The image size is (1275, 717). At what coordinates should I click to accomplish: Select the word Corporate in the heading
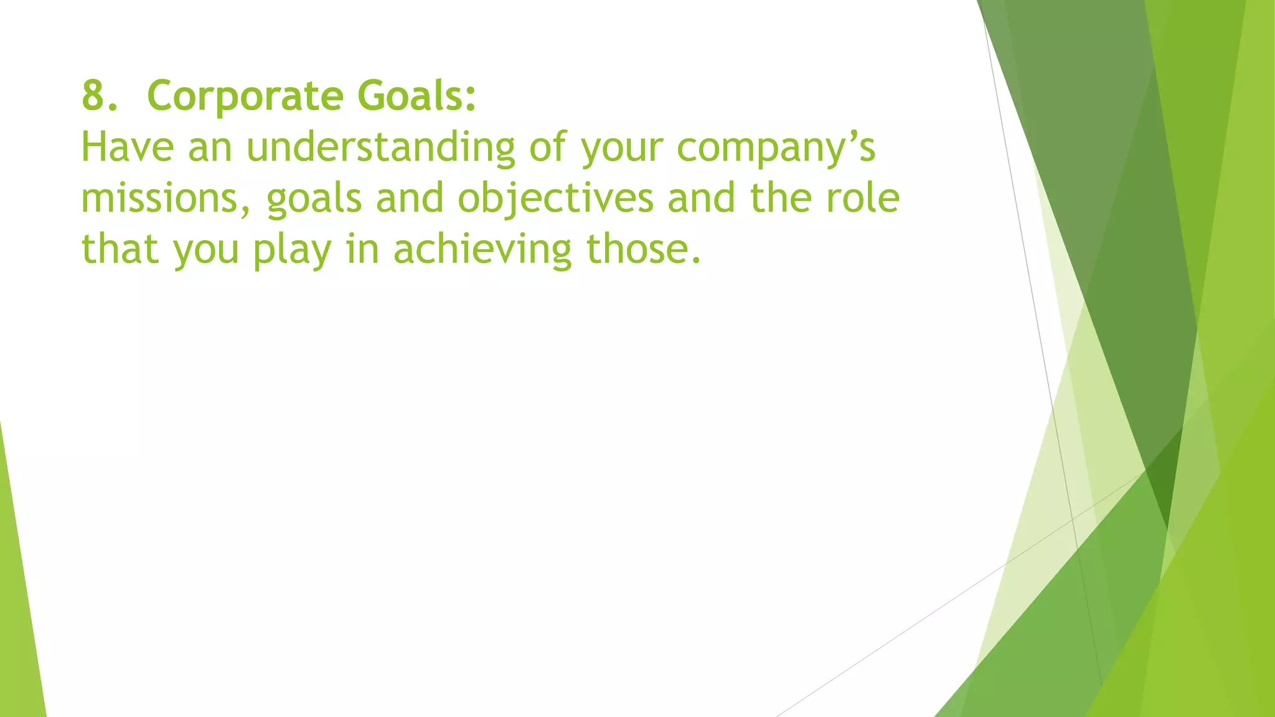pyautogui.click(x=245, y=96)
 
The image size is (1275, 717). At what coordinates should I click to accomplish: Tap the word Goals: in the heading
pyautogui.click(x=416, y=96)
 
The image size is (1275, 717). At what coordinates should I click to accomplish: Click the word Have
pyautogui.click(x=127, y=148)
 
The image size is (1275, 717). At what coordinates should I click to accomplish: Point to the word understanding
pyautogui.click(x=380, y=149)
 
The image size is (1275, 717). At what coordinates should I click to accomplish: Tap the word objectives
pyautogui.click(x=555, y=199)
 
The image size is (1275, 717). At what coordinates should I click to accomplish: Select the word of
pyautogui.click(x=548, y=148)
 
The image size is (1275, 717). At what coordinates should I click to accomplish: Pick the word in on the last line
pyautogui.click(x=362, y=249)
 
